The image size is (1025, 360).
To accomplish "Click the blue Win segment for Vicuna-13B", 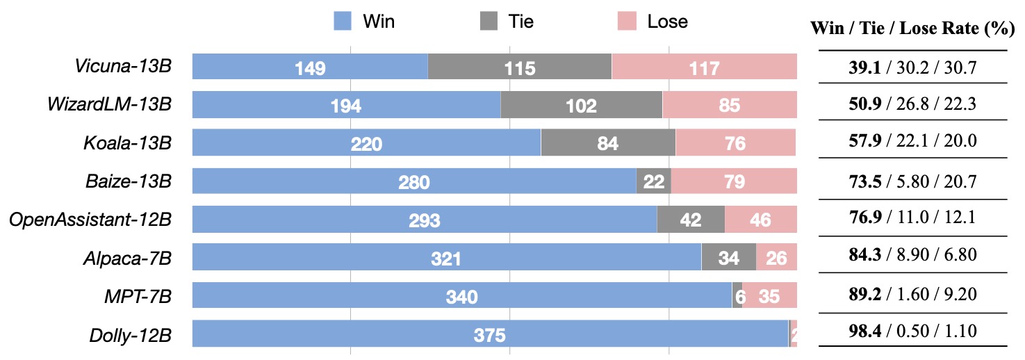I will coord(309,67).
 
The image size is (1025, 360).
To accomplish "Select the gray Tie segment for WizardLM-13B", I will coord(581,106).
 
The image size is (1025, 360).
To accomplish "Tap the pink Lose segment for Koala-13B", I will coord(735,144).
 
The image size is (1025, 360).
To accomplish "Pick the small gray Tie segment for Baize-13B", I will coord(653,182).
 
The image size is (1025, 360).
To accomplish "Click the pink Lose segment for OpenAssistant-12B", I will coord(760,220).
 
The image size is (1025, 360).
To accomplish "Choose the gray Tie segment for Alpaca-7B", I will coord(728,258).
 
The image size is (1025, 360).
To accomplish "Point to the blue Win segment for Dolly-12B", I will coord(489,334).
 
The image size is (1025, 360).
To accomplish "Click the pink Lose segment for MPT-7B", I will coord(769,296).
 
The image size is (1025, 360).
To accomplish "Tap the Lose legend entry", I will coord(652,22).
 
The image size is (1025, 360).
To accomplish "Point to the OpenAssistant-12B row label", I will coord(90,220).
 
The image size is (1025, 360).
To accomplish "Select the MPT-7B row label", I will coord(133,297).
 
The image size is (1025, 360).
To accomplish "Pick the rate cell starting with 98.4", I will coord(912,331).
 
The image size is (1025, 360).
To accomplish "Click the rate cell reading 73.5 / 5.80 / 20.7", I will coord(912,182).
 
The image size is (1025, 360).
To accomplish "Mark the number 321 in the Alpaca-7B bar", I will coord(445,259).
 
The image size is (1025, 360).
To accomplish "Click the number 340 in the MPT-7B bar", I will coord(461,297).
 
